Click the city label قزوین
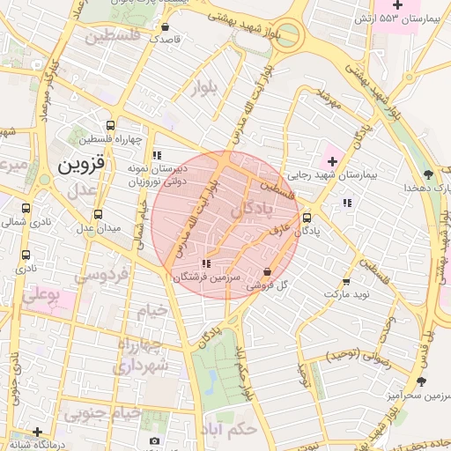click(x=80, y=164)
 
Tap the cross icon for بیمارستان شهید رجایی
click(x=332, y=161)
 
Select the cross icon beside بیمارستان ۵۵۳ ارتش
click(x=397, y=7)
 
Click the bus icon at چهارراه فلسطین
click(x=110, y=125)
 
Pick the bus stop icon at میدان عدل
click(x=98, y=214)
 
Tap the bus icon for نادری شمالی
click(x=26, y=210)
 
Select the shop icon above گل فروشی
click(x=268, y=271)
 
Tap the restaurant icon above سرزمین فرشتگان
click(x=206, y=263)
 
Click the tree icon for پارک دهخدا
click(x=428, y=174)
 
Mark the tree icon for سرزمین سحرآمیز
click(x=421, y=381)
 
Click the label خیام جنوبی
click(x=105, y=413)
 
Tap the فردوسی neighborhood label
click(x=100, y=276)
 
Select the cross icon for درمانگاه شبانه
click(x=36, y=432)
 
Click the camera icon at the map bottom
click(x=155, y=440)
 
